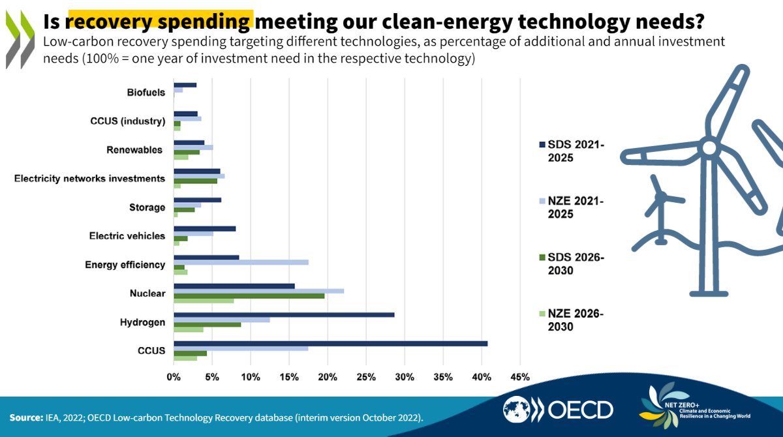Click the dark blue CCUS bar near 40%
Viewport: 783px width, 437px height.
[x=330, y=344]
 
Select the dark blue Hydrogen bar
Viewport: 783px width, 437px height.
[x=284, y=314]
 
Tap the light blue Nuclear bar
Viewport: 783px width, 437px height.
[x=258, y=291]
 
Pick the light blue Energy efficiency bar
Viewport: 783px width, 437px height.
[x=241, y=262]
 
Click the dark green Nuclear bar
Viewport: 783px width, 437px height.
[x=249, y=296]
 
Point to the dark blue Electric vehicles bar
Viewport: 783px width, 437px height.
[x=204, y=228]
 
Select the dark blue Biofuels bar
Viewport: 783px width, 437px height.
[x=185, y=85]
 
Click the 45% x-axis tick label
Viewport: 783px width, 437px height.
[x=520, y=377]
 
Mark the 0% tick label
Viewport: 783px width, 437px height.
[x=174, y=377]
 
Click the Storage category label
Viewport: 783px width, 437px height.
[x=147, y=207]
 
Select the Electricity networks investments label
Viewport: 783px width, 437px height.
[x=89, y=179]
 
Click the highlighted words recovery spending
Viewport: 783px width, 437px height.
[x=159, y=22]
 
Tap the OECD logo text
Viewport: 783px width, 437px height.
[x=580, y=410]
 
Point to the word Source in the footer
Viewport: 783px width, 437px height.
[x=25, y=417]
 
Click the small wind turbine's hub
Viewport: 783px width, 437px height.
[x=660, y=196]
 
